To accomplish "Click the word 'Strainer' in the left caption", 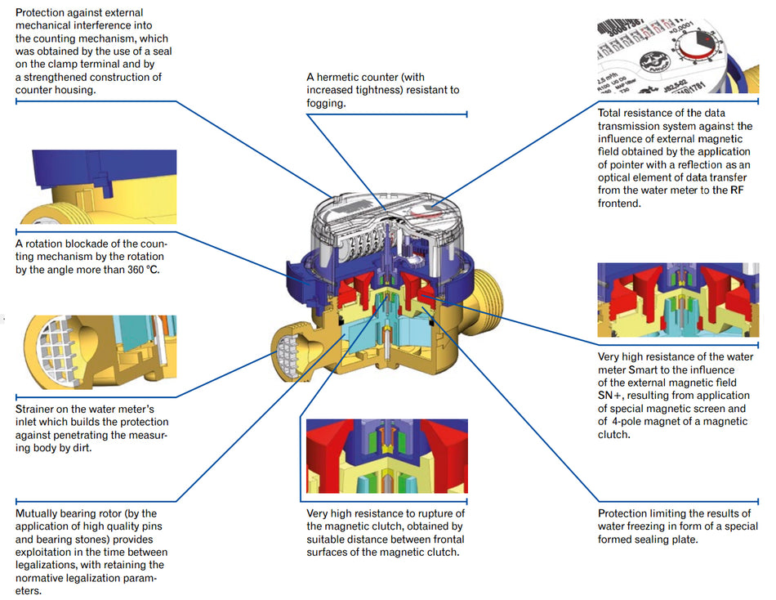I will (36, 409).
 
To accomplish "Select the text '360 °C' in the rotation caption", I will (141, 269).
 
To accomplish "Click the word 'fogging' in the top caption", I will (327, 103).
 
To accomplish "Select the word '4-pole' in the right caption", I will (629, 422).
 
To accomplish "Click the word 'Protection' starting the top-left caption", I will (43, 13).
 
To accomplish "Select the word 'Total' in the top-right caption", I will (611, 113).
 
